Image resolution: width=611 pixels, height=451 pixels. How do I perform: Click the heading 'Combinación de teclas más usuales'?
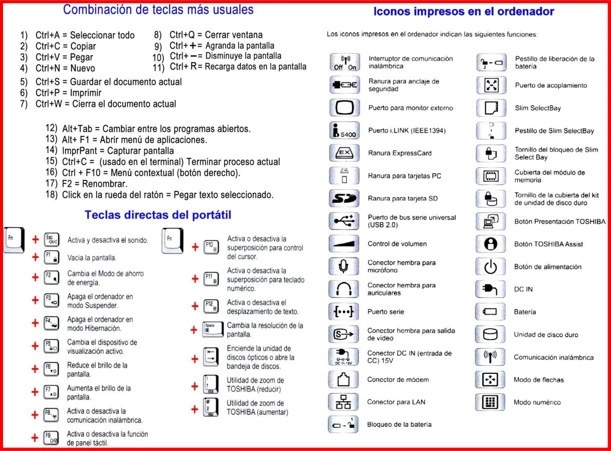[158, 10]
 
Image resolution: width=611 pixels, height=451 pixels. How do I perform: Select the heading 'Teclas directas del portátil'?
[158, 215]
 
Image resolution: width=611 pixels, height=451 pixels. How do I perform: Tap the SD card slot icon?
[344, 198]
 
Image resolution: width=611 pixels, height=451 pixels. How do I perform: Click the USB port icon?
[344, 221]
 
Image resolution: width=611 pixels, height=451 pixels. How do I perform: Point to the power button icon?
[490, 267]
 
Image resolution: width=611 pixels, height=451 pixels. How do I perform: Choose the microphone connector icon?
[344, 266]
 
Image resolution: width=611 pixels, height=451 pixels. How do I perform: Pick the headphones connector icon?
[344, 289]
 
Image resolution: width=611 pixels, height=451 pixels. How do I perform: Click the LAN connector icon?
[344, 402]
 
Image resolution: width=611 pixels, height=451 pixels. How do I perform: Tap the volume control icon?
[344, 244]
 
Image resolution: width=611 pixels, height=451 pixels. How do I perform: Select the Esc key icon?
[52, 240]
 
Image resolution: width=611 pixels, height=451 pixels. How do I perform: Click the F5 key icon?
[52, 346]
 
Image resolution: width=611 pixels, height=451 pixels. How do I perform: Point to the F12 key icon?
[211, 306]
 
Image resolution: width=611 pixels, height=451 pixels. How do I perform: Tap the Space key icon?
[211, 329]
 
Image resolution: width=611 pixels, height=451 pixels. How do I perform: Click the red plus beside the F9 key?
[35, 437]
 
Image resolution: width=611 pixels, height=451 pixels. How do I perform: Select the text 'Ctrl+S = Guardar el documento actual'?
[108, 82]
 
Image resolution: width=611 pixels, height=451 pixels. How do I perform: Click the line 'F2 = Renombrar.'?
[94, 184]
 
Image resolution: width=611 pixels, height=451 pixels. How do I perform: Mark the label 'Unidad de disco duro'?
[546, 335]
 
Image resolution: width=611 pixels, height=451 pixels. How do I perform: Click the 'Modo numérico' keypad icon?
[490, 402]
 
